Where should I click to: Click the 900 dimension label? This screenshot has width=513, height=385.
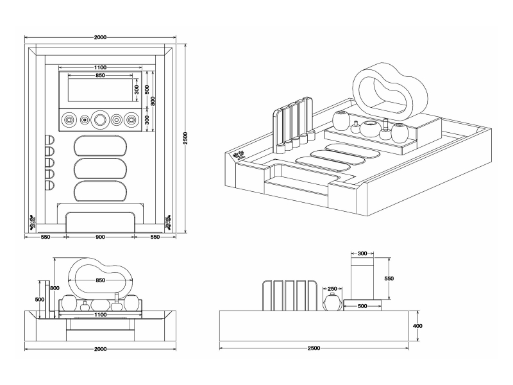[100, 237]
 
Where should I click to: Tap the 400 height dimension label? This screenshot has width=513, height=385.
[417, 325]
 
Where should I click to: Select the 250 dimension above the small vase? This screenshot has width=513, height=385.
[332, 289]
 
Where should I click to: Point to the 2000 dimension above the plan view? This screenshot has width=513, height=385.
[100, 38]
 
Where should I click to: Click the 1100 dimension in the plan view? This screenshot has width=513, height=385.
[100, 67]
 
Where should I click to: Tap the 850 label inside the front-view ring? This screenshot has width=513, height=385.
[101, 280]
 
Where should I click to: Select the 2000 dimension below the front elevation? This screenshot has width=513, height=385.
[100, 348]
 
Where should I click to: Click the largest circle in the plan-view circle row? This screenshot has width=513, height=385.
[100, 119]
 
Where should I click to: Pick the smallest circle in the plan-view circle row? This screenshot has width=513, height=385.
[84, 119]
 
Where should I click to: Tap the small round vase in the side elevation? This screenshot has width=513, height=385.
[332, 302]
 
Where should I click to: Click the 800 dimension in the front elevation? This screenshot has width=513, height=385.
[55, 288]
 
